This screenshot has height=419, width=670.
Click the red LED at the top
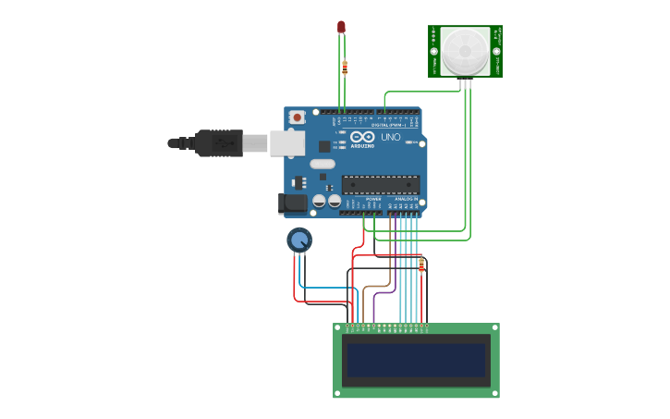341,27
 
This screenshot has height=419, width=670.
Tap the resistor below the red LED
345,68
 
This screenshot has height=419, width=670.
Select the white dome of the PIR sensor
465,50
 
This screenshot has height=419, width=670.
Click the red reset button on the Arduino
297,117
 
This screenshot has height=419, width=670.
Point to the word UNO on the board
391,137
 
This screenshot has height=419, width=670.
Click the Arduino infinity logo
362,137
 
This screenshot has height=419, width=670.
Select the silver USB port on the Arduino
287,142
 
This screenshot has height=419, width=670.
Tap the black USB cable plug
219,143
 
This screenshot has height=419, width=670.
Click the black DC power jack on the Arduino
293,203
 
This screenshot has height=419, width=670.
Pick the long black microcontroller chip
381,185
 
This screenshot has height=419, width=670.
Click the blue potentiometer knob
298,240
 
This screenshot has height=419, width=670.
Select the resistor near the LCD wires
421,265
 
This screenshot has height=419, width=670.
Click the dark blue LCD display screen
416,361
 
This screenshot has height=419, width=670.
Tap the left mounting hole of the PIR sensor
433,52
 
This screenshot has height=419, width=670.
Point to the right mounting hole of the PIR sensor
497,52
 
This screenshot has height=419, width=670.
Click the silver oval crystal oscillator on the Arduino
322,164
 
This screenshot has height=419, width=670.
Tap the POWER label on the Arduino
373,199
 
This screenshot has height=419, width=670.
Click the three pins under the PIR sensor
465,83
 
